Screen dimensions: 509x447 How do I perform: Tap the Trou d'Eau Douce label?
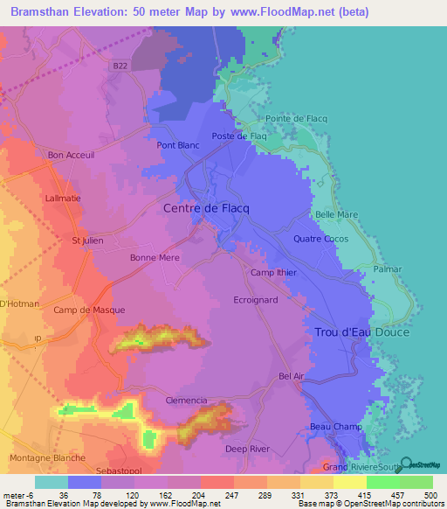(361, 332)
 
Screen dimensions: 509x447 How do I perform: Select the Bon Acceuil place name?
(71, 156)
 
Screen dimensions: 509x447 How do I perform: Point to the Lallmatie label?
(62, 199)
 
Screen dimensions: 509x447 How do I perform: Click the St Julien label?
(87, 241)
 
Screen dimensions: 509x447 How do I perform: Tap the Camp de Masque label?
(89, 310)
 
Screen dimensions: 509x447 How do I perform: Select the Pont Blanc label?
(178, 145)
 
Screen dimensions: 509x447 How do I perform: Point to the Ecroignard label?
(256, 299)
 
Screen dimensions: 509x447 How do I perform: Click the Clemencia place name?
(186, 400)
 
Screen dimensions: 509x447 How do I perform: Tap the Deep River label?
(248, 449)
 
